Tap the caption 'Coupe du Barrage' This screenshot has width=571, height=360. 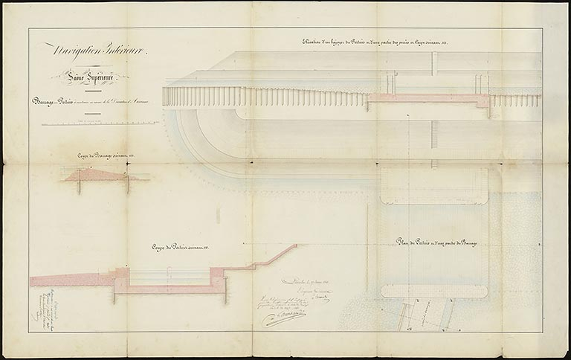point(103,155)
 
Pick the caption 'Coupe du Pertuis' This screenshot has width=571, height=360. point(183,246)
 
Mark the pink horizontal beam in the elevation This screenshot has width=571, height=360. point(428,97)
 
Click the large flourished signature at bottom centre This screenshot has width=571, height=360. point(283,318)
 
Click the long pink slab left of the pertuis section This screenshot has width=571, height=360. point(71,280)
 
